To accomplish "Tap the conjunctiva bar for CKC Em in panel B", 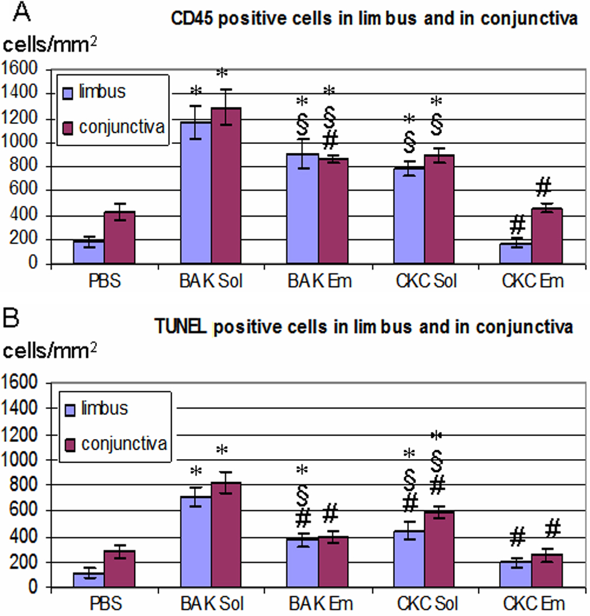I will pyautogui.click(x=549, y=571).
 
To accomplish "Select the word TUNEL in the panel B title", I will pyautogui.click(x=179, y=327).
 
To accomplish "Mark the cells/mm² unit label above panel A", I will pyautogui.click(x=50, y=45).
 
